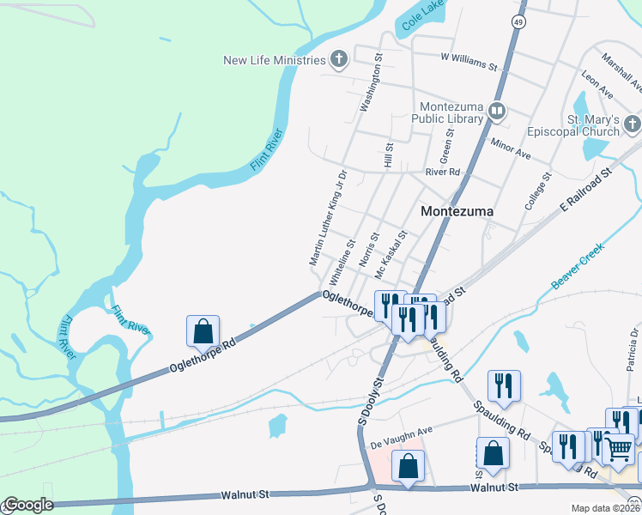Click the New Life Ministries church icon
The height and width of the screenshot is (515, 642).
coord(339,59)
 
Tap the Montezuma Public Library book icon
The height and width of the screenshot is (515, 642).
coord(496,111)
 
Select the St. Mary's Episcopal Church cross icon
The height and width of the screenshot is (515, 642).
coord(633,124)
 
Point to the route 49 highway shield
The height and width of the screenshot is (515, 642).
coord(519,22)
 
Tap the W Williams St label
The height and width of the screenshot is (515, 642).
coord(469,61)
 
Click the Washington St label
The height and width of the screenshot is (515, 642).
coord(371,85)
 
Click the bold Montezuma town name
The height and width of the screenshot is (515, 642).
coord(455,211)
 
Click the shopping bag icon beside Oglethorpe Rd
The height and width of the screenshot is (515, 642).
coord(203,330)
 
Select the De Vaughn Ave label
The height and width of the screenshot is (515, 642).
coord(401,438)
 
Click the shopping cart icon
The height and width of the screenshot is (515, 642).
coord(619,448)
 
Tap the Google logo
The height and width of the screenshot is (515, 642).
coord(27,505)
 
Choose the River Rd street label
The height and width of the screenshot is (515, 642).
coord(443,173)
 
